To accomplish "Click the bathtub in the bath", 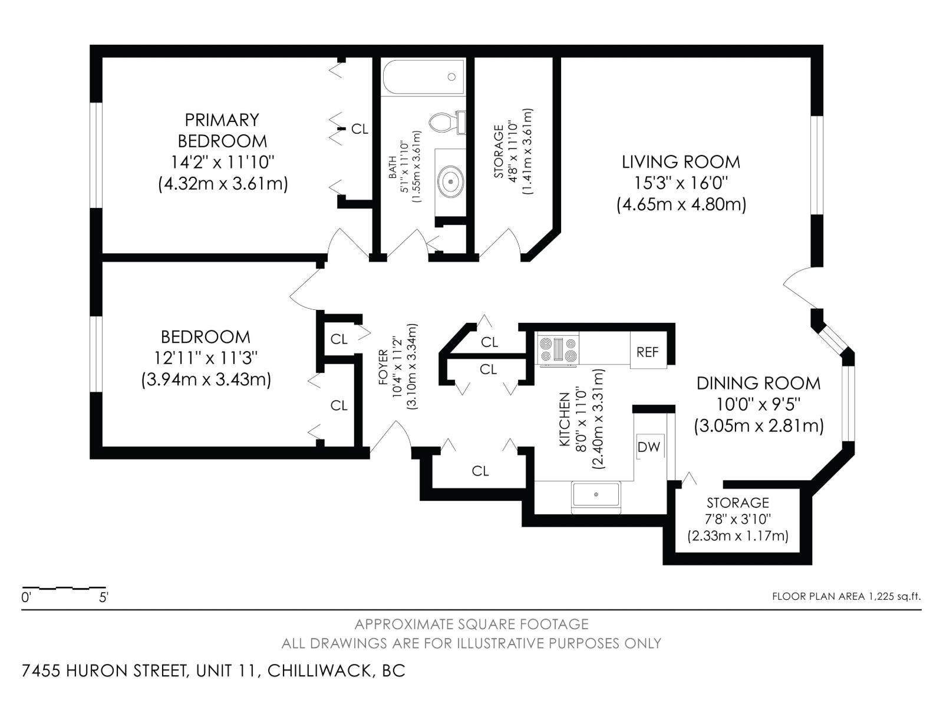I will tap(423, 77).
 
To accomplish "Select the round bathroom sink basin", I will tap(451, 181).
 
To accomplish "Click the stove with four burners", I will tap(558, 349).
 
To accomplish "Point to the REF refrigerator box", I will tap(647, 352).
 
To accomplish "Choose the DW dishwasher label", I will tap(649, 447).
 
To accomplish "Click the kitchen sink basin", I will tap(596, 494).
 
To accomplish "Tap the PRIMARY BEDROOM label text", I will tap(222, 130).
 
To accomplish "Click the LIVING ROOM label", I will tap(681, 161).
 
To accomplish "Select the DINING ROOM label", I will tap(758, 383).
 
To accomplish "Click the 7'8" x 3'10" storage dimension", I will tap(738, 519).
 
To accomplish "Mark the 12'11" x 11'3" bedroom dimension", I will tap(206, 358).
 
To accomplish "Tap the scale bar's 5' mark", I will tap(104, 597).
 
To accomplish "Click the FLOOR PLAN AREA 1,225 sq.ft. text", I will tap(846, 596).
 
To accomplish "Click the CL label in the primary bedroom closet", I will tap(360, 129).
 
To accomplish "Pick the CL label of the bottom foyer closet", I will tap(480, 471).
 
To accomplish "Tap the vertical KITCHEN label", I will tap(564, 418).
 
